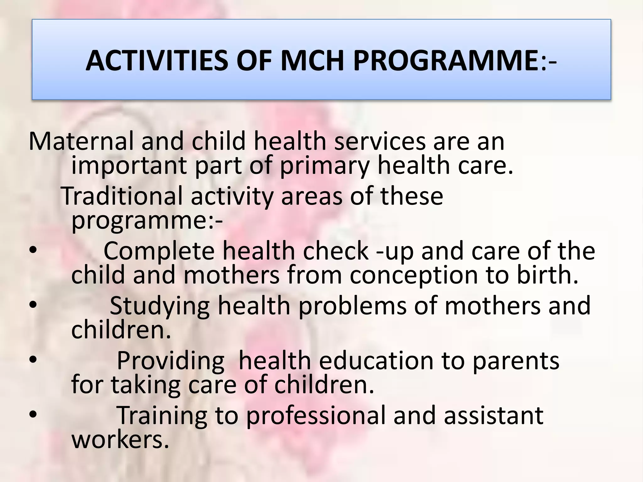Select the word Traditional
(x=121, y=196)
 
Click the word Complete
(x=159, y=251)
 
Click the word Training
(x=161, y=415)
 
